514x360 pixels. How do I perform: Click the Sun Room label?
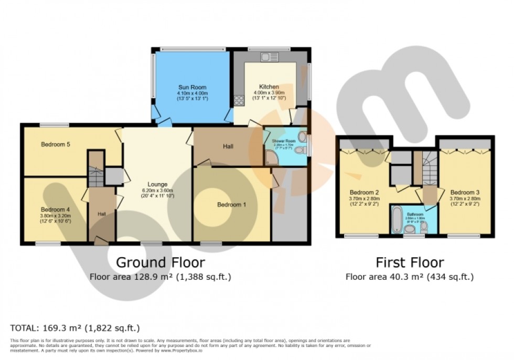point(191,87)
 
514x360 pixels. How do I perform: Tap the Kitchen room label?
point(269,87)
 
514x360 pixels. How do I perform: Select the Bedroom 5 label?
point(56,145)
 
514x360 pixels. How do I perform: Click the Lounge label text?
point(157,184)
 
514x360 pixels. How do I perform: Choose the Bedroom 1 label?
point(232,204)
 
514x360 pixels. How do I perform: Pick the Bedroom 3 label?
point(465,192)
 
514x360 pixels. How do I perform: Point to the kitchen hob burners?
point(240,100)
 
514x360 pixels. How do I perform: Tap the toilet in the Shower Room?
point(299,151)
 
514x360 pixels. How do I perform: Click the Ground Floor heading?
point(160,262)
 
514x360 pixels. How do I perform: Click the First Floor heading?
point(410,262)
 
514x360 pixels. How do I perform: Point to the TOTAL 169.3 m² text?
point(75,329)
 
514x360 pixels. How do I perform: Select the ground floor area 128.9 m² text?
point(160,276)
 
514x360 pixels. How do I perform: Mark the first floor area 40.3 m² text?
point(410,277)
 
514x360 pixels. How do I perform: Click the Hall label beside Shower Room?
point(228,146)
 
